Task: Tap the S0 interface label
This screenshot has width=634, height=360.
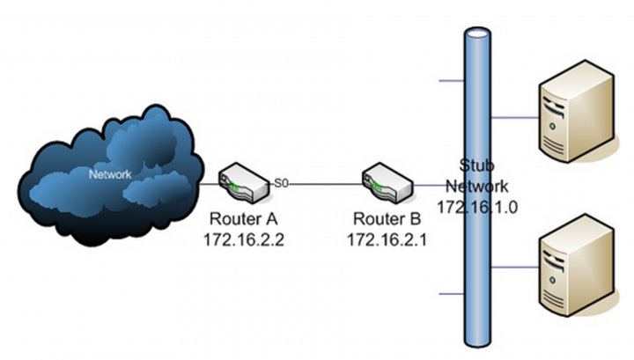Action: coord(282,182)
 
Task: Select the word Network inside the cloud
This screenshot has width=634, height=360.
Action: coord(110,174)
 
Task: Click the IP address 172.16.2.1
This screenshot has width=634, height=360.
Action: coord(387,239)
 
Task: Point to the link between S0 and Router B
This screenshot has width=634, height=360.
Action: coord(326,184)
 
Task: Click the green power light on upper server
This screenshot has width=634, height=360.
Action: coord(552,126)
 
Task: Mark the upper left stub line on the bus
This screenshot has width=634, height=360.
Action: coord(451,82)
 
